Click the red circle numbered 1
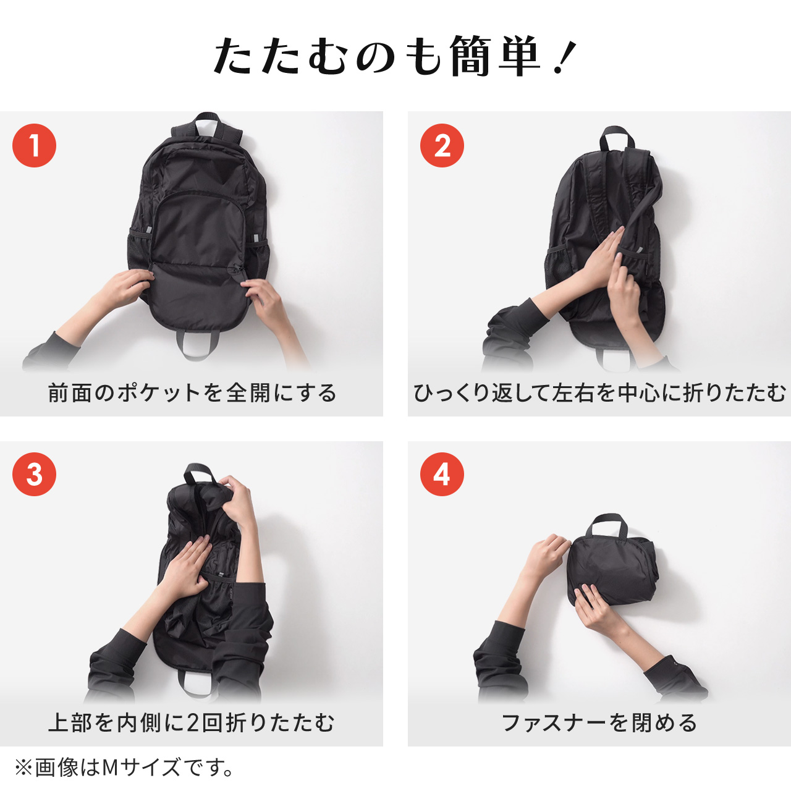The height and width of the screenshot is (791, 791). (35, 146)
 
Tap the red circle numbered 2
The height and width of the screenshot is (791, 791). (442, 146)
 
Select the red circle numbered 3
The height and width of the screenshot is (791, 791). (35, 474)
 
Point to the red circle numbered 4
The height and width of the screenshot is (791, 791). (442, 474)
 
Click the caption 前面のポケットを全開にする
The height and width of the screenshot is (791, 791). (192, 392)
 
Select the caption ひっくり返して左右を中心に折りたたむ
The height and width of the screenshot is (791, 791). (599, 392)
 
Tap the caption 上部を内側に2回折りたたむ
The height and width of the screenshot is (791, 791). (192, 722)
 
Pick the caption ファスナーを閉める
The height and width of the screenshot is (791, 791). (599, 722)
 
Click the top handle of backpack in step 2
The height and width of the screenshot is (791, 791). (615, 137)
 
